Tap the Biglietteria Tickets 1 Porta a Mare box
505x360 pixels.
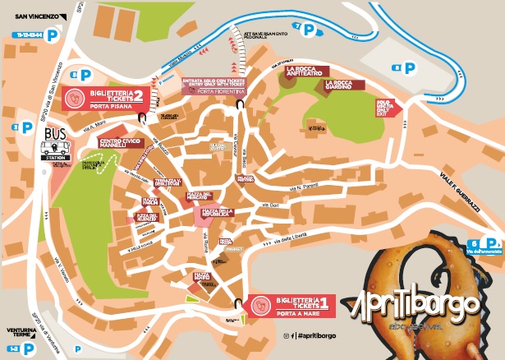(x=292, y=302)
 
